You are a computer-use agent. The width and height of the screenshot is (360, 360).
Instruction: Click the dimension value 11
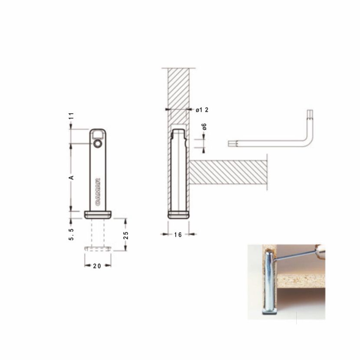(72, 116)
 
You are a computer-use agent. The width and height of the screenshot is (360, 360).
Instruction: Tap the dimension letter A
(72, 177)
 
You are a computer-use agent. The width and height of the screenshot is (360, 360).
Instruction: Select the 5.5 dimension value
(72, 234)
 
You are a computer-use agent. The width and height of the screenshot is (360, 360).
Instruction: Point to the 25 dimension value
(126, 236)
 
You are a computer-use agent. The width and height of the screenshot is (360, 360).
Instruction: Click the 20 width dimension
(97, 266)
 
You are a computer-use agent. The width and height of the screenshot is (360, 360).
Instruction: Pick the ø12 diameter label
(202, 110)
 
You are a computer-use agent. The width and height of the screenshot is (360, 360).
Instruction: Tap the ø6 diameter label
(204, 127)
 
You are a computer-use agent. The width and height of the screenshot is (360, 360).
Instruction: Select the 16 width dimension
(178, 235)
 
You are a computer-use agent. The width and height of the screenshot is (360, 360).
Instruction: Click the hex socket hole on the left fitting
(98, 144)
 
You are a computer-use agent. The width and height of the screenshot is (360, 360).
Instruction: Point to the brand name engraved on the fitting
(98, 192)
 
